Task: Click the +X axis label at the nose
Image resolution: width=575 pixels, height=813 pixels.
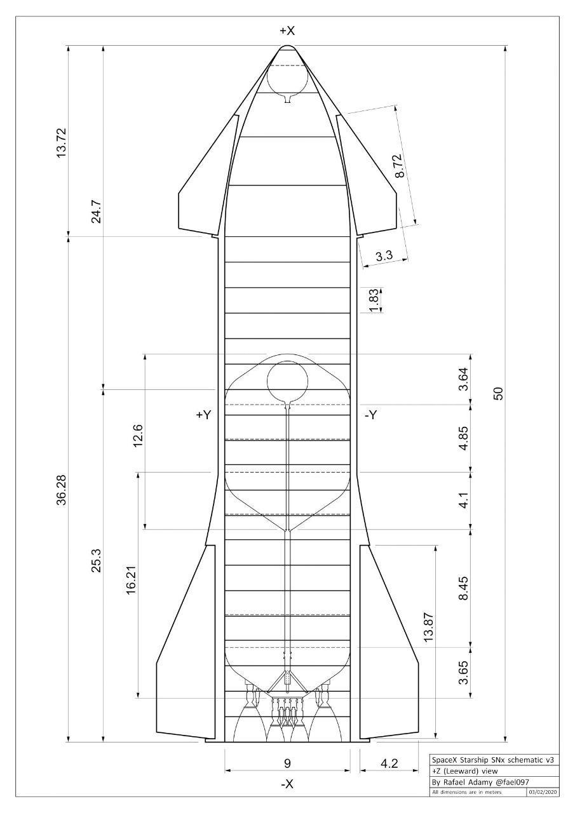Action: click(287, 31)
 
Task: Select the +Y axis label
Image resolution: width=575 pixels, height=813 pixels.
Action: click(204, 415)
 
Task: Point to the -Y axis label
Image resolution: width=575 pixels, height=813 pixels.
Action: click(370, 415)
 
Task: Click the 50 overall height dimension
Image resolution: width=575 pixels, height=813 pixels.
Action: click(499, 394)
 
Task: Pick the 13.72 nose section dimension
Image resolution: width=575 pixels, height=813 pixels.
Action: click(62, 143)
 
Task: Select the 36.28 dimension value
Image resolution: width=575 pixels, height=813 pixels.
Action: click(62, 490)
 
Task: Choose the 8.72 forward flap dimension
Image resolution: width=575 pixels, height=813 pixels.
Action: click(398, 166)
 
